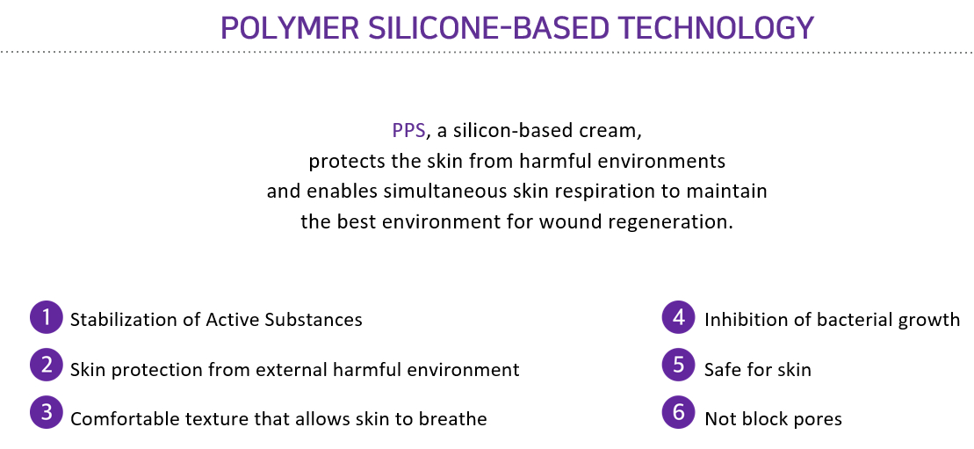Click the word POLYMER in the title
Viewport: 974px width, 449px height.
pos(289,28)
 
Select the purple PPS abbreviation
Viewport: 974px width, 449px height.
pos(408,131)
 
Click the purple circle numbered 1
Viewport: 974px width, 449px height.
pos(46,317)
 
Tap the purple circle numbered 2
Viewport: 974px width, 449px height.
pos(46,365)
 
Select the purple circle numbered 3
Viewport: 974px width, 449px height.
pos(46,413)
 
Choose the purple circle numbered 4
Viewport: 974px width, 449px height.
pos(678,317)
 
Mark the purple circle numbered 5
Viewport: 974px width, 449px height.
pos(678,365)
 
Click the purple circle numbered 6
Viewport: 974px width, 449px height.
pos(678,413)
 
